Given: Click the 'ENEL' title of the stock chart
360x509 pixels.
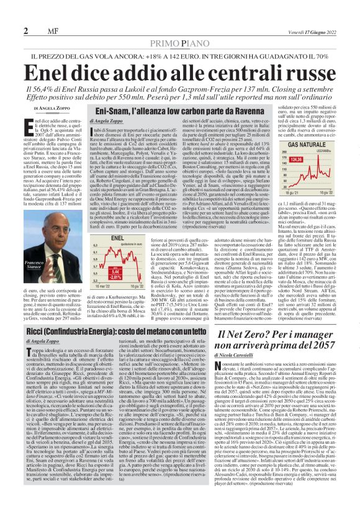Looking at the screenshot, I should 100,238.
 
